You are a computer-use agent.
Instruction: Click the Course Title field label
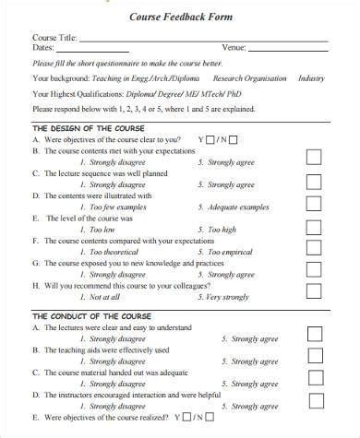point(54,38)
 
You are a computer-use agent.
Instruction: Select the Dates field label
point(43,48)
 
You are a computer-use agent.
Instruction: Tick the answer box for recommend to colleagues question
point(315,291)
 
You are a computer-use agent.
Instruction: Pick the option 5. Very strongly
point(222,297)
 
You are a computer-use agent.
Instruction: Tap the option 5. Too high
point(216,229)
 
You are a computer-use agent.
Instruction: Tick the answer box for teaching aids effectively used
point(315,355)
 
